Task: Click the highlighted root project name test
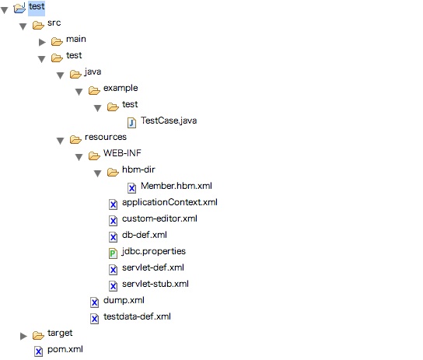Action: point(37,8)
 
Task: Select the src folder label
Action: point(54,24)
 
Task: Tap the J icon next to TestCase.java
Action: point(131,122)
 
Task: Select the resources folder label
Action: point(105,138)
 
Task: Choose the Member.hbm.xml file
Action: point(176,187)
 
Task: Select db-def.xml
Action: point(144,235)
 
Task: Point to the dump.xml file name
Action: point(124,300)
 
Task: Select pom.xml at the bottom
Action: point(65,350)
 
